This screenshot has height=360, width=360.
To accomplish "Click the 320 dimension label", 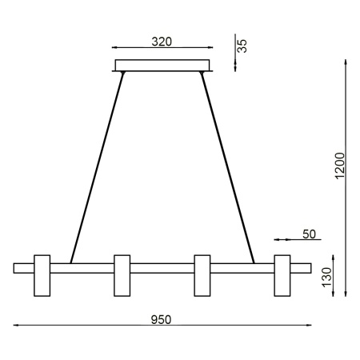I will click(x=161, y=41).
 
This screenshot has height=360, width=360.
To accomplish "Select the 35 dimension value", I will click(x=243, y=45).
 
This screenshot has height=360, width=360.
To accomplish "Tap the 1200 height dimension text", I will click(x=339, y=166).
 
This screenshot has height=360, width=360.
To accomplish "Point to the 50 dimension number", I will click(x=310, y=234).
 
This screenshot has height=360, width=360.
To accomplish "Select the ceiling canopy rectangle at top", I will click(x=162, y=66).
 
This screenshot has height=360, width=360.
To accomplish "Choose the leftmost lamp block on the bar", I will click(x=42, y=274).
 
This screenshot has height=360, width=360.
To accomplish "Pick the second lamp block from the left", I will click(x=122, y=274).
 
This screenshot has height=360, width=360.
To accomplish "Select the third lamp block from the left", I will click(x=202, y=274).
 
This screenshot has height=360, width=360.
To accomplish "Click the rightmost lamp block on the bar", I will click(x=282, y=274).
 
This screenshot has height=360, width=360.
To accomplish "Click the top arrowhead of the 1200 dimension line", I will click(x=346, y=62).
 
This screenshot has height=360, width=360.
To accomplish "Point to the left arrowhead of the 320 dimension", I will click(x=117, y=49).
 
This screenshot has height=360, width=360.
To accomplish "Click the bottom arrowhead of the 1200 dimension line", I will click(x=346, y=292).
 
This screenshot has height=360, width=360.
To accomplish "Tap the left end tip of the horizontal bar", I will click(x=14, y=268).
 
